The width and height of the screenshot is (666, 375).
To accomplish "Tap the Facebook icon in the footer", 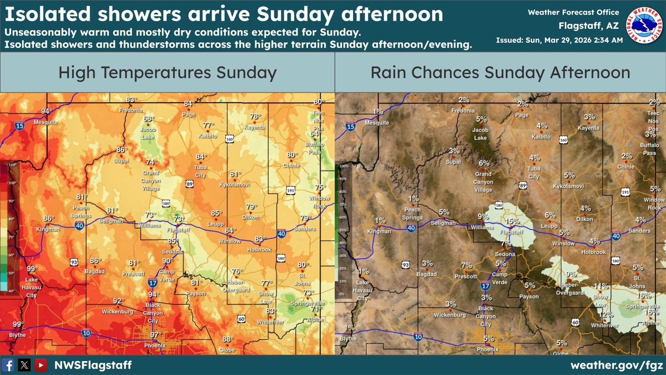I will pos(8,365).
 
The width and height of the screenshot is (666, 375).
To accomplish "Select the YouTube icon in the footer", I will pos(40,365).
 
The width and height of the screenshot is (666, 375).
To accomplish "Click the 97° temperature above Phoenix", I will pos(155,334).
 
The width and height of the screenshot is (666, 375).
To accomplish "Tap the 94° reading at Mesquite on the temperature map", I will pos(46,111).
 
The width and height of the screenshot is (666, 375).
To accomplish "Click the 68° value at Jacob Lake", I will pos(149,119).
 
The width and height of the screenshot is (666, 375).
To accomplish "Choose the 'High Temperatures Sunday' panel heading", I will pos(167,73).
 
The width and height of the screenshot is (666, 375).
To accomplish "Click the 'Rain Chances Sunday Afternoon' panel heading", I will pos(500,73).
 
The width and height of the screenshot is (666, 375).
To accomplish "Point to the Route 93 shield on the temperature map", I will pos(74,261).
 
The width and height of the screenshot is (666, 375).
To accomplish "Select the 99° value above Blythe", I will pos(18,324).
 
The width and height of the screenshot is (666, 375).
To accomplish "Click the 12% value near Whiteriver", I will pos(606,314).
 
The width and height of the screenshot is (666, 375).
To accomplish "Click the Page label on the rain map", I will pos(521,115).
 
